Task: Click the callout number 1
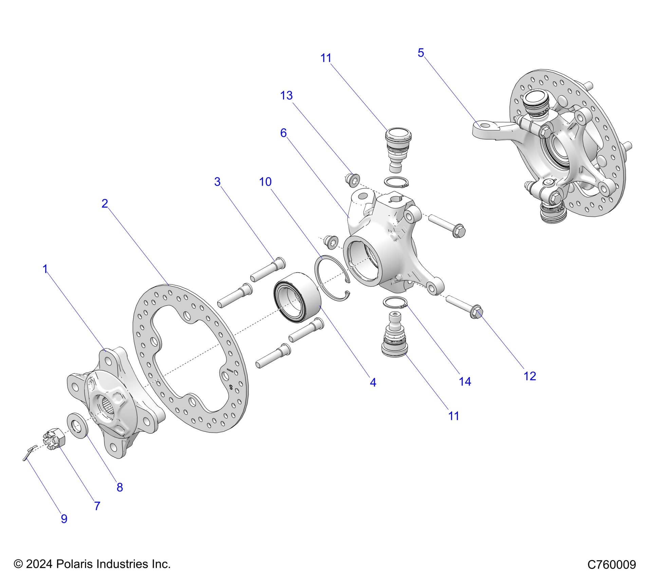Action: (x=45, y=269)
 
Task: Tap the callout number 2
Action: (x=105, y=204)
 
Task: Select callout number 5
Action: (x=421, y=53)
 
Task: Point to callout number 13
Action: (x=286, y=96)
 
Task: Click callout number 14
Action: (x=465, y=381)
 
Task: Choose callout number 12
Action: (x=530, y=376)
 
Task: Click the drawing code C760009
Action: (x=612, y=564)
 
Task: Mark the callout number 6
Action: (x=283, y=133)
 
